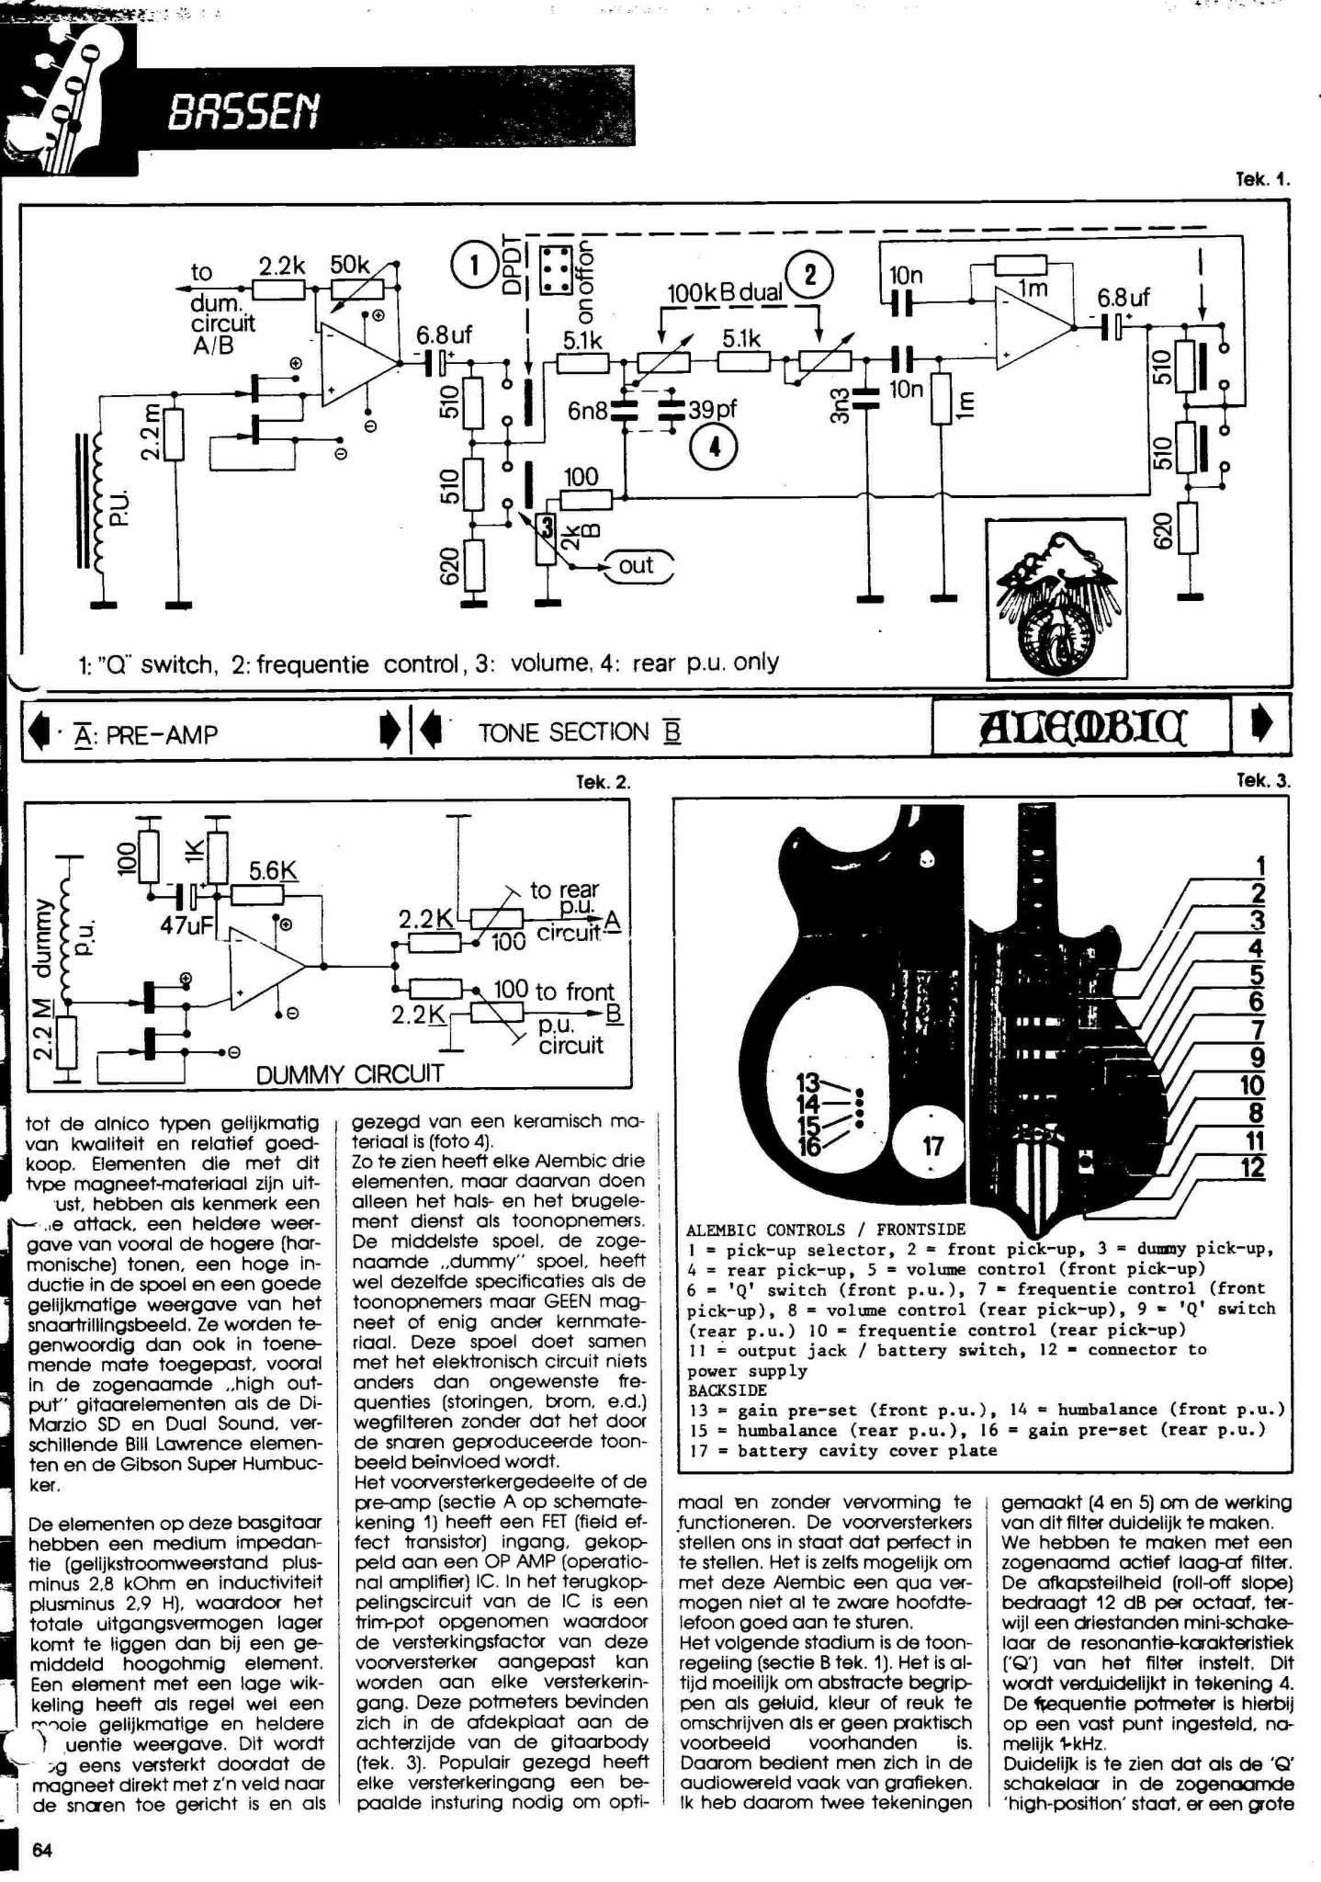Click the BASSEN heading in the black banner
point(243,113)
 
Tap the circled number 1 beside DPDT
point(474,266)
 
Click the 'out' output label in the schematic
point(636,565)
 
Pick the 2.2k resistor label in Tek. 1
point(281,266)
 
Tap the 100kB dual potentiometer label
point(725,293)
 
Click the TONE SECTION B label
point(579,732)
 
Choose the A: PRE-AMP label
point(147,734)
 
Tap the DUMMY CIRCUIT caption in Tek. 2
point(349,1072)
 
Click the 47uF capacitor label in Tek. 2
point(186,925)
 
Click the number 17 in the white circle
point(932,1146)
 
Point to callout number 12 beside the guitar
point(1252,1168)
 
